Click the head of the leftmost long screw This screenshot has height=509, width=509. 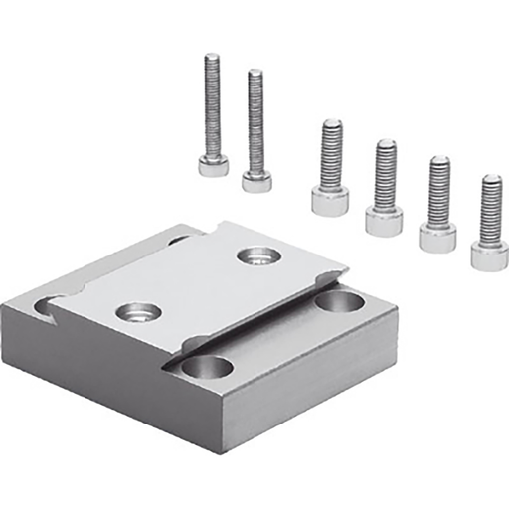(x=213, y=164)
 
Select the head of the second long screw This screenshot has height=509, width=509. (x=255, y=179)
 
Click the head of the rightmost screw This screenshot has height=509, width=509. (x=489, y=256)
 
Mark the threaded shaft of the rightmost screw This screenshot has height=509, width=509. (x=490, y=209)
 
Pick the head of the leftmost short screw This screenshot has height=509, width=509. (x=330, y=201)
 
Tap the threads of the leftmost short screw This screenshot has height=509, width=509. (x=331, y=154)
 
